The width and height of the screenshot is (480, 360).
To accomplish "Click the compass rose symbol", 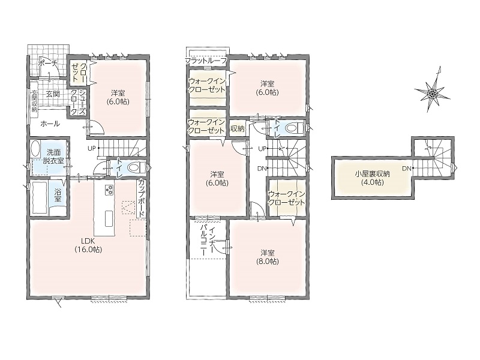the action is point(432,93).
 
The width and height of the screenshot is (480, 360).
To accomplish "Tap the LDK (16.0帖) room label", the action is point(88,245).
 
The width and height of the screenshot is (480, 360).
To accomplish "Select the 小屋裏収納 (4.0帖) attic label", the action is point(372,178).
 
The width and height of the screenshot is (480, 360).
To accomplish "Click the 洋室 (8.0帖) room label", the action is point(267,257).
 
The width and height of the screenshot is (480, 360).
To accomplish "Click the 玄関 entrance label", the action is point(53,94).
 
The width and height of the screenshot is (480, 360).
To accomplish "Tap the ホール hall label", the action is point(50,124).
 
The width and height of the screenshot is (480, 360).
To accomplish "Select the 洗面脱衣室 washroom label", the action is point(53,156).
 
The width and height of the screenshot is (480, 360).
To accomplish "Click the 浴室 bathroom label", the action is point(58,195).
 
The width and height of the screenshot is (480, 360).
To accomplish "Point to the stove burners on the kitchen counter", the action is point(109,190).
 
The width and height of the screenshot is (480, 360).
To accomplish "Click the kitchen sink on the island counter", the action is point(109,219).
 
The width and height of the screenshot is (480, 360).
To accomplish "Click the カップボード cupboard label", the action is point(142,199).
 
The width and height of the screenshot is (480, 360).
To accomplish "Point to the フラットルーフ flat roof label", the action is point(206,61).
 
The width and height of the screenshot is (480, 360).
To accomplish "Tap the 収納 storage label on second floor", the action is point(237,128).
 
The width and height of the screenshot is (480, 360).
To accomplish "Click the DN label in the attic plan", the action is point(407,168).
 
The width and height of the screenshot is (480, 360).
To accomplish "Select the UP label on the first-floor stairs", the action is point(92,148).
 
